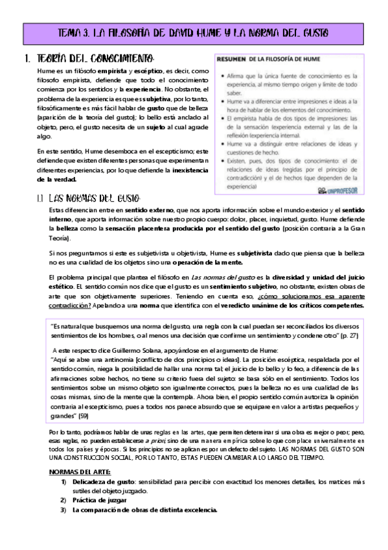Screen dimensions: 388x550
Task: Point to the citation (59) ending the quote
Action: (84, 415)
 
